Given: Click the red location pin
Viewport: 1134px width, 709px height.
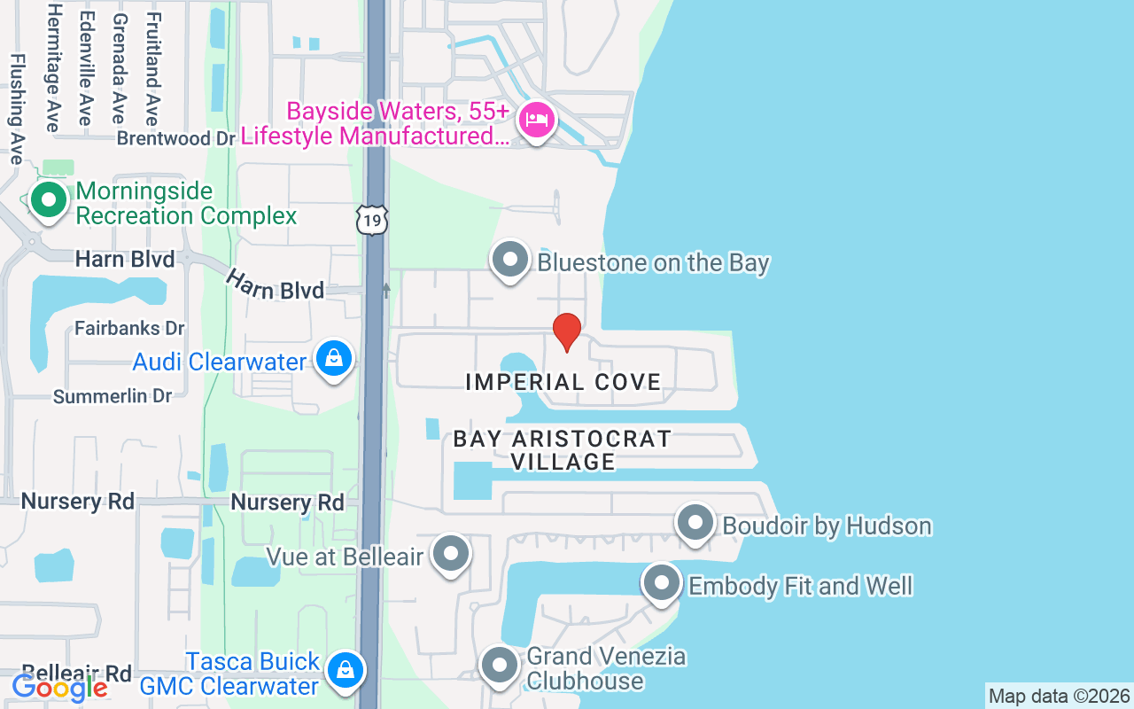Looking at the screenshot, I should point(566,331).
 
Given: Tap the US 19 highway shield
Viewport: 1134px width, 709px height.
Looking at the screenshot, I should point(373,220).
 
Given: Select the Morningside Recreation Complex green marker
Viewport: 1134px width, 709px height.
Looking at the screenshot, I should point(49,199).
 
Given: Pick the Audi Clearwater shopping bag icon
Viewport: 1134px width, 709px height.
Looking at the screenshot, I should point(333,359).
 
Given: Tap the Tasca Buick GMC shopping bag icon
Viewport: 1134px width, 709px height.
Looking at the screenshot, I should point(345,670).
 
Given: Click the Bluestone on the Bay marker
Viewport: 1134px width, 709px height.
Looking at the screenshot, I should point(510,261).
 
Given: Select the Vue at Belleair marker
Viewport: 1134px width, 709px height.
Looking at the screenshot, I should point(452,554).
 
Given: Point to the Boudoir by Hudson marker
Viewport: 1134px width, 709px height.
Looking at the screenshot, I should point(695,524).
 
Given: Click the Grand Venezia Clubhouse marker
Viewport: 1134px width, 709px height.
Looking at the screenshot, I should point(500,664).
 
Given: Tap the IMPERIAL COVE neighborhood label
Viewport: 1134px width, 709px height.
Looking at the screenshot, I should point(563,382).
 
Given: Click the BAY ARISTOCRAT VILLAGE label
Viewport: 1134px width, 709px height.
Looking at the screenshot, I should point(563,450).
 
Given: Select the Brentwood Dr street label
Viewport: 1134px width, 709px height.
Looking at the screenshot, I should point(176,139).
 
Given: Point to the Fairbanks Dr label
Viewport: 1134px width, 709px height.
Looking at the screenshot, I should point(129,328).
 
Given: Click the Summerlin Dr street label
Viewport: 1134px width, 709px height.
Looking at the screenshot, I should point(113,396).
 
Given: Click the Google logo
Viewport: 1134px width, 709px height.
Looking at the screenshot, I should point(59,687).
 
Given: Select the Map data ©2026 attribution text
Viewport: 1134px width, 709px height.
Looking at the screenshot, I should point(1059,696).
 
